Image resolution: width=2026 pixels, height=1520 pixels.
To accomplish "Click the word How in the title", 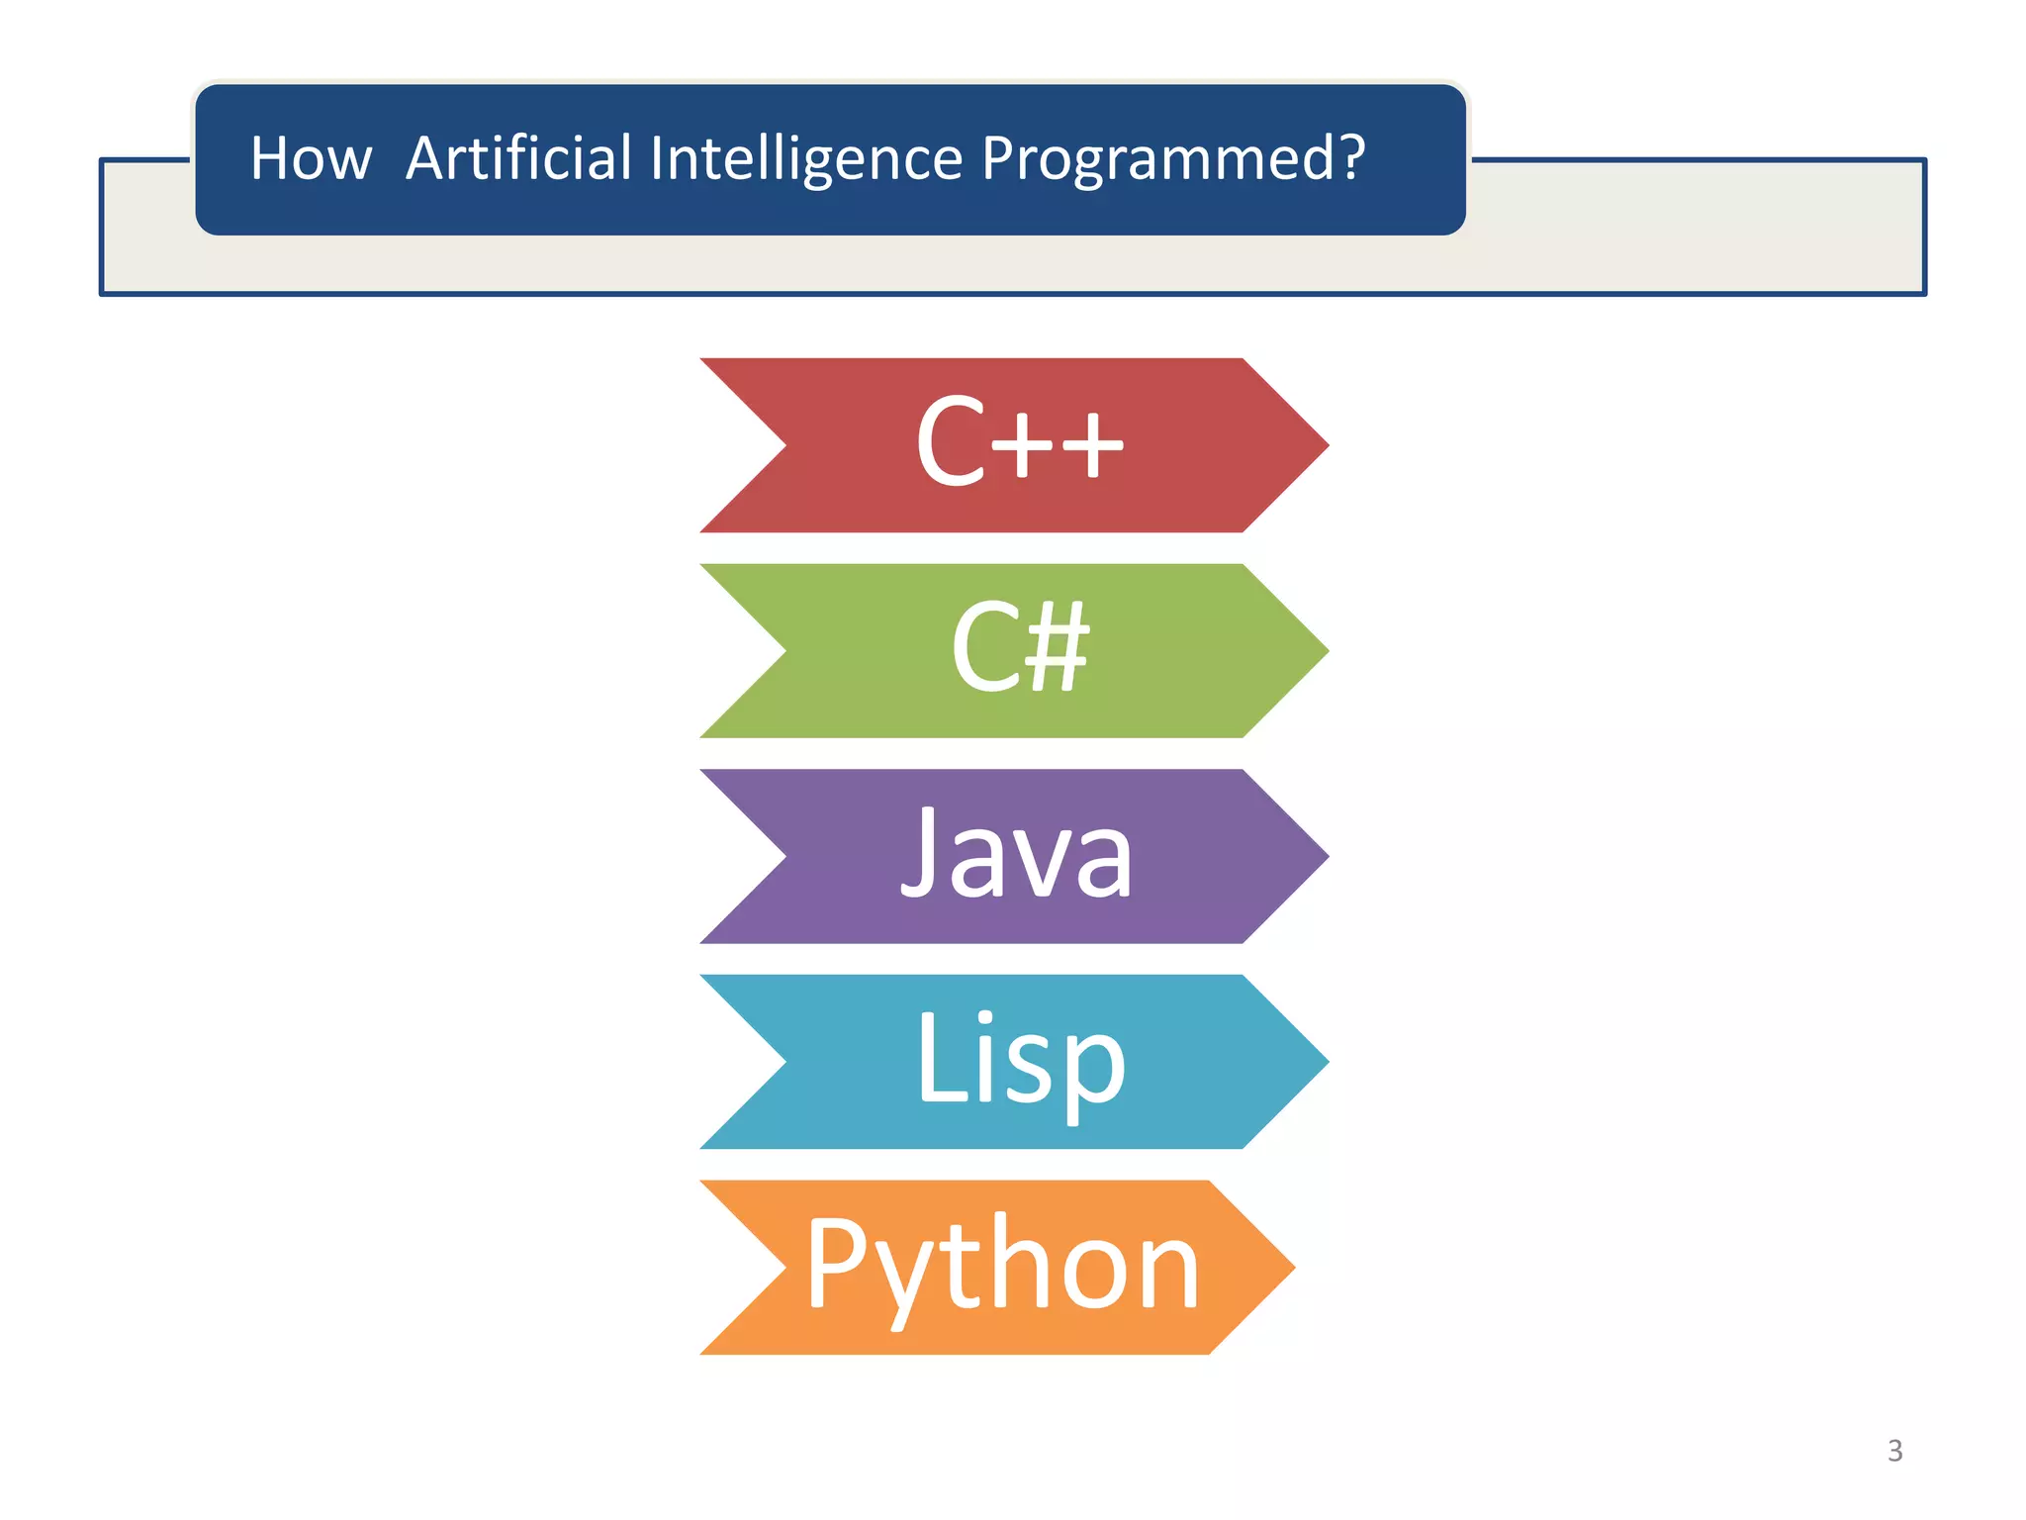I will (x=311, y=159).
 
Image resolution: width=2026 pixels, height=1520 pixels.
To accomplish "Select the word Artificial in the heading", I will (x=518, y=158).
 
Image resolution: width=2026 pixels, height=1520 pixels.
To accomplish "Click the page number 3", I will (x=1894, y=1451).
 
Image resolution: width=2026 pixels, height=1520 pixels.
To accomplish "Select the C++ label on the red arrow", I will (x=1019, y=442).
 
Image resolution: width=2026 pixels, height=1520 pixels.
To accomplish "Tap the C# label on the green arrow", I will (x=1019, y=648).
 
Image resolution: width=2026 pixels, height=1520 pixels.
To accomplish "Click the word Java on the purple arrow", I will (x=1016, y=854).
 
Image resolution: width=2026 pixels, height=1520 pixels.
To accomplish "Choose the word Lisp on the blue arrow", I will (x=1020, y=1060).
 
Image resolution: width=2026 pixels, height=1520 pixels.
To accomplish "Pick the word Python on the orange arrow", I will (x=1002, y=1267).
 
